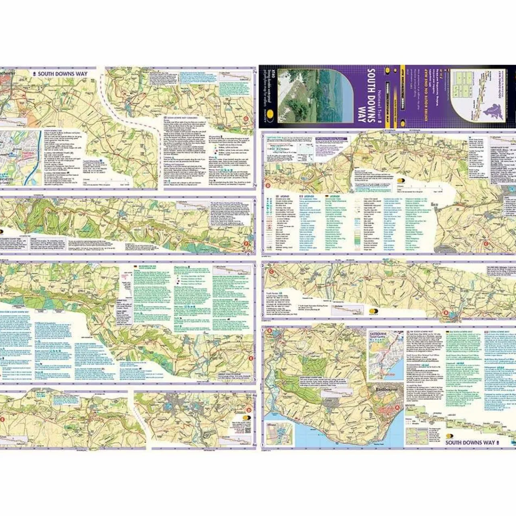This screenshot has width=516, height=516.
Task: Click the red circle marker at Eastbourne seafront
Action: click(398, 408)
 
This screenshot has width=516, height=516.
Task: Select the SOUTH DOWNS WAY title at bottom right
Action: click(470, 443)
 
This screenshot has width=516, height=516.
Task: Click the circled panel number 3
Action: click(263, 137)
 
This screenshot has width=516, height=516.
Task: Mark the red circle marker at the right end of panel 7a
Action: click(247, 119)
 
